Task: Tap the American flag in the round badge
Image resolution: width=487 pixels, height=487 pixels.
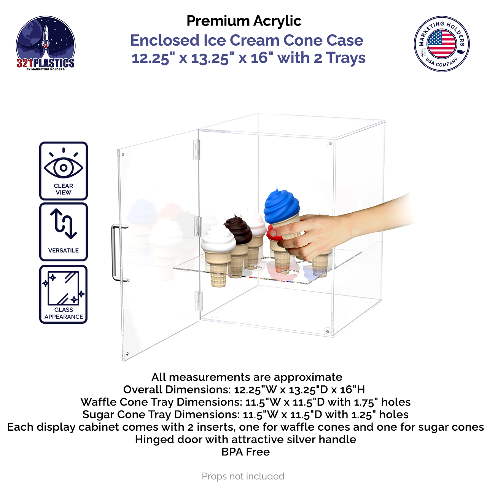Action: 441,43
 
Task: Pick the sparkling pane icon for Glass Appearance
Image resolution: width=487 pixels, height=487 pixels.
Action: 64,288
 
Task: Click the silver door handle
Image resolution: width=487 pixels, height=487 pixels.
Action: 114,253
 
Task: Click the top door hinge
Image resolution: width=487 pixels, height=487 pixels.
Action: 197,149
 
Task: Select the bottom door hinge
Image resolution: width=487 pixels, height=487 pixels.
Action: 198,300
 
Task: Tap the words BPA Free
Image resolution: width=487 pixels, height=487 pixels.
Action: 245,452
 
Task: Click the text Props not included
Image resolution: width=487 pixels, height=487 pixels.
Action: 243,476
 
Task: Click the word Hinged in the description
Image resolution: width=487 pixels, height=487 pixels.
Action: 151,439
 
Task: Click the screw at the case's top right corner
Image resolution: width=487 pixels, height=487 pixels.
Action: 330,143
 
